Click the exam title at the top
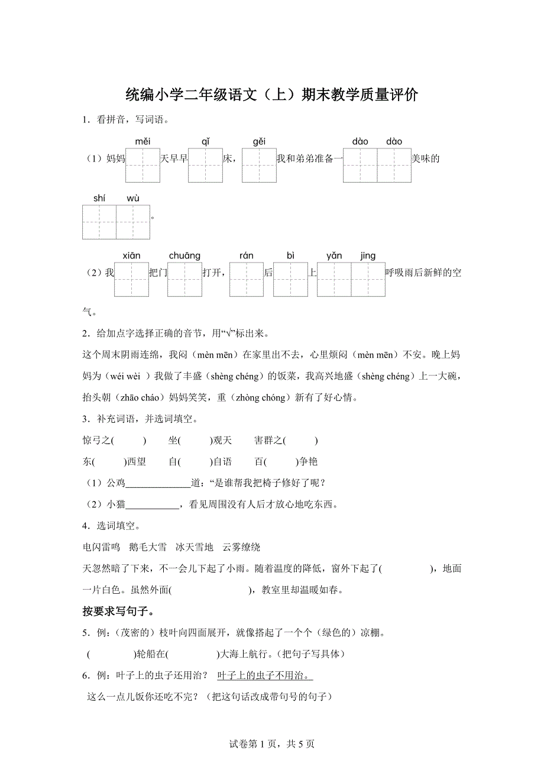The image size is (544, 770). click(x=272, y=95)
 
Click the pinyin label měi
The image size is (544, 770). click(x=143, y=141)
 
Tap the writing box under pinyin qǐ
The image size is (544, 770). click(x=205, y=165)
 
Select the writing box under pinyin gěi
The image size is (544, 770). click(x=259, y=165)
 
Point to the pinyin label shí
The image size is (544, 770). click(x=99, y=198)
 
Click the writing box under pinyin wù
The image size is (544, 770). click(x=134, y=222)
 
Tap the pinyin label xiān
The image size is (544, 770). click(x=132, y=255)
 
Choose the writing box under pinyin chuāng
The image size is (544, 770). click(x=184, y=279)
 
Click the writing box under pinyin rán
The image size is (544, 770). click(x=247, y=279)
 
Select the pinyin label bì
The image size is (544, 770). click(x=290, y=255)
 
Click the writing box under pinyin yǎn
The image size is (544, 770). click(x=334, y=279)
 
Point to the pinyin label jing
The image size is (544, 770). click(x=368, y=255)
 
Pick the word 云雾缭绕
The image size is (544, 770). click(x=241, y=547)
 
